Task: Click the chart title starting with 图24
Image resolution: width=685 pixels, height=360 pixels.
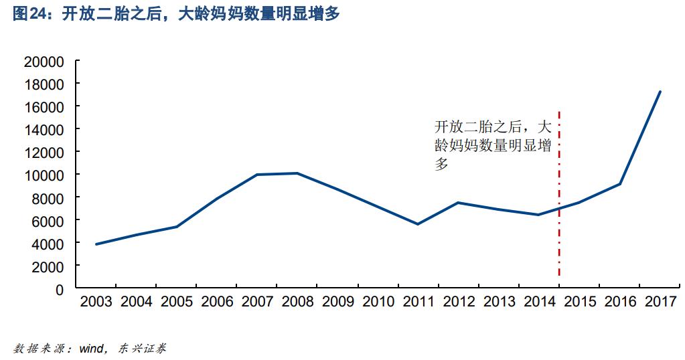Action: [176, 14]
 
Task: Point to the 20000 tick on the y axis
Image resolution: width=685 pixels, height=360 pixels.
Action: [44, 62]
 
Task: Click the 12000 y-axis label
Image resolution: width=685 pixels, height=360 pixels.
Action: [44, 153]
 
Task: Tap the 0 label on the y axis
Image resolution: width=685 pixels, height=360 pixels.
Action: [60, 290]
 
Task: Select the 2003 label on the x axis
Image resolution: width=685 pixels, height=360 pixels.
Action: [96, 302]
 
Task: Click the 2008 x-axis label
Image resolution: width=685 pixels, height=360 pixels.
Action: [298, 302]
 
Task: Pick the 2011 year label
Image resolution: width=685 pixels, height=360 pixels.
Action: [418, 302]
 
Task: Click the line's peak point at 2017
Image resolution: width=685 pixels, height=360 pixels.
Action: [660, 92]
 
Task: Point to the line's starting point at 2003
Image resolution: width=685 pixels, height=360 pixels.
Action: [96, 244]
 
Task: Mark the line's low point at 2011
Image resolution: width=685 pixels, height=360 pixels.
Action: [418, 224]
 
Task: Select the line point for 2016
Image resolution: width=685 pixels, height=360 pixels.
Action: [620, 184]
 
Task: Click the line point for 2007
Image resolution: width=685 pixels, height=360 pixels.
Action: [258, 175]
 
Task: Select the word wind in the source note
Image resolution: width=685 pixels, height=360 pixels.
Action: [90, 349]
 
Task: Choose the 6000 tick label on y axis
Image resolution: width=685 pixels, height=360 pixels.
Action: [48, 221]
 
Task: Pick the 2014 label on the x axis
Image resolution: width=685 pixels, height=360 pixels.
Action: [540, 302]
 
